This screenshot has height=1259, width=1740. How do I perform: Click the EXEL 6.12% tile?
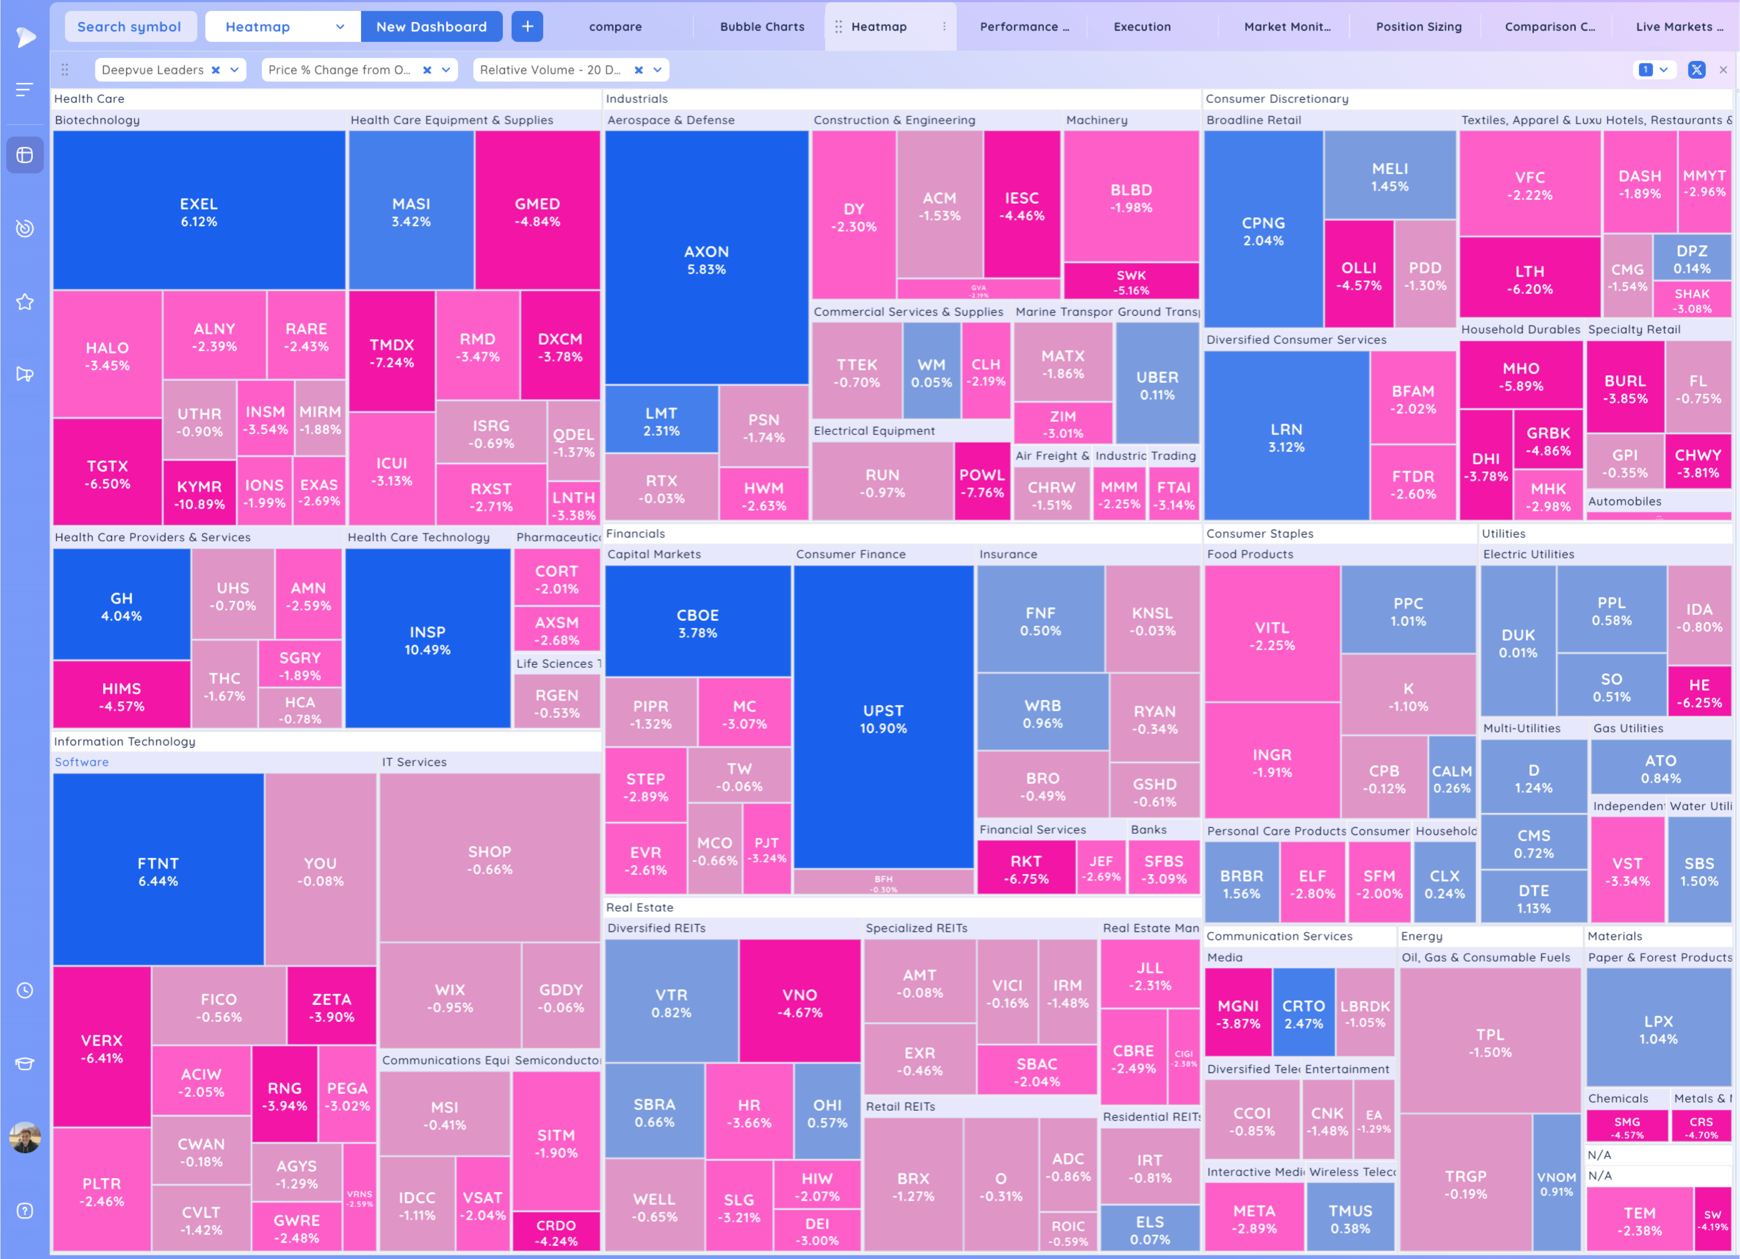pyautogui.click(x=199, y=212)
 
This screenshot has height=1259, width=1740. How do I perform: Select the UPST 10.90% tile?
pyautogui.click(x=883, y=718)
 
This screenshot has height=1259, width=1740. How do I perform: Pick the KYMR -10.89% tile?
pyautogui.click(x=200, y=494)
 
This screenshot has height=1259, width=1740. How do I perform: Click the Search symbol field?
pyautogui.click(x=129, y=27)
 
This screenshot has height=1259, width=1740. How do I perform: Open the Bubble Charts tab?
pyautogui.click(x=762, y=27)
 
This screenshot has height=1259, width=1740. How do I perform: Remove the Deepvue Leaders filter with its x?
pyautogui.click(x=216, y=70)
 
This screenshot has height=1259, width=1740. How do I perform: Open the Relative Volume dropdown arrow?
pyautogui.click(x=657, y=70)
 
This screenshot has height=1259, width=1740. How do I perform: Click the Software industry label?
pyautogui.click(x=81, y=762)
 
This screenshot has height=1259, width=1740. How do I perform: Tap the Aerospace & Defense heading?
pyautogui.click(x=670, y=120)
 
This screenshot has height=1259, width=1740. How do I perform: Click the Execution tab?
pyautogui.click(x=1141, y=27)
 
